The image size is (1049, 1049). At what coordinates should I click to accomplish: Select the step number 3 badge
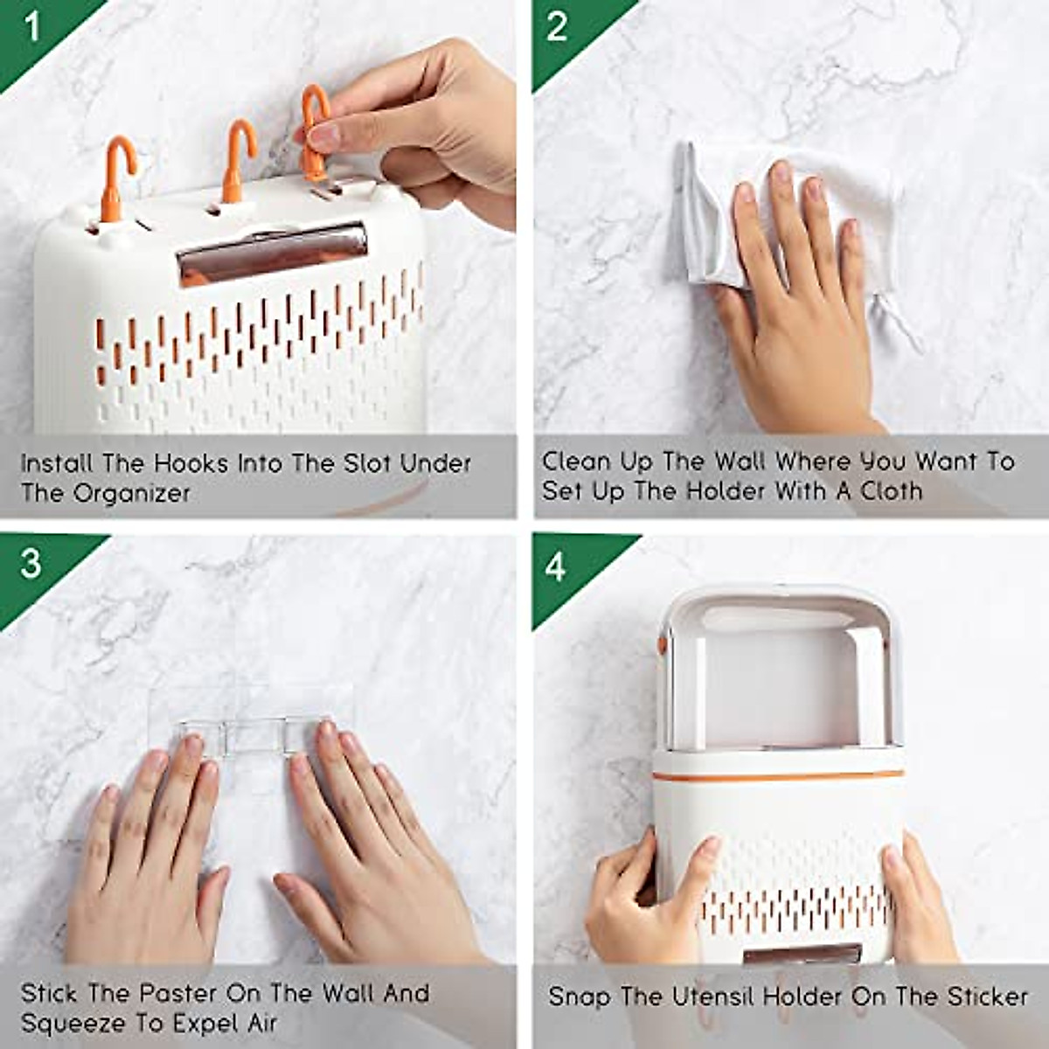pyautogui.click(x=31, y=564)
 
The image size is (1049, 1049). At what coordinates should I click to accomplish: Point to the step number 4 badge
pyautogui.click(x=556, y=566)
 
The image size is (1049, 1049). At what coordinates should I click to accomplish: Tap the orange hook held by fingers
pyautogui.click(x=313, y=131)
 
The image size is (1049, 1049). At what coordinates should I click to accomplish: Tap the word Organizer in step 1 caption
pyautogui.click(x=131, y=493)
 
